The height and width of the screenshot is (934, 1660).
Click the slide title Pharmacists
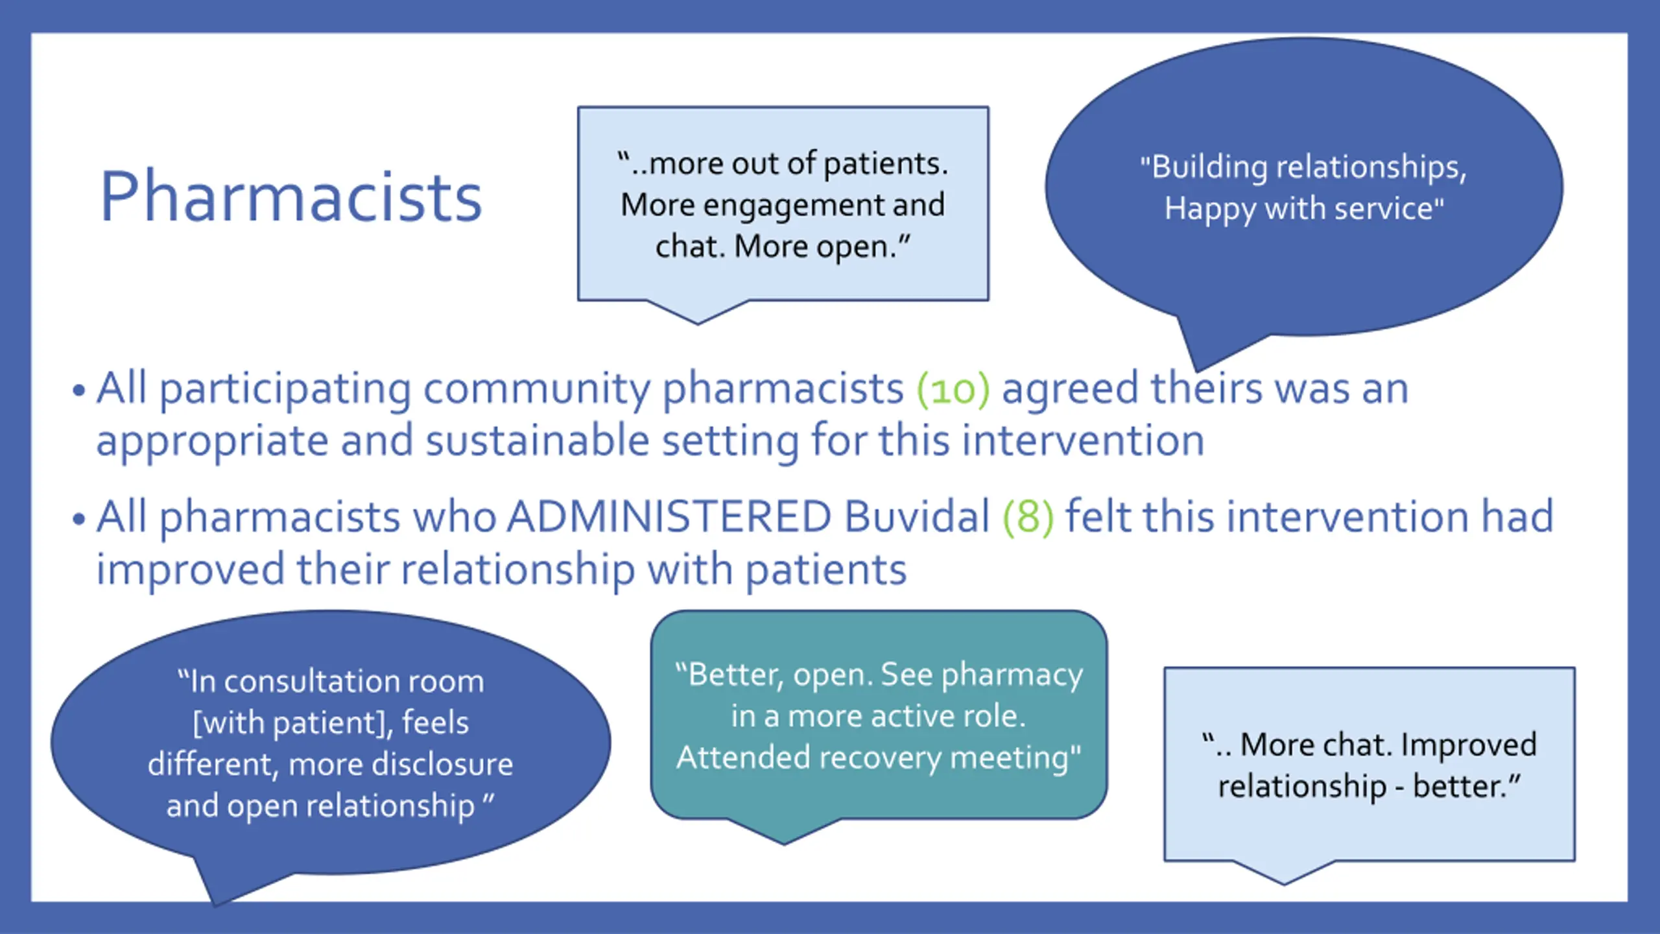pyautogui.click(x=290, y=197)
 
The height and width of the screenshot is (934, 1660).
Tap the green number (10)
pyautogui.click(x=953, y=389)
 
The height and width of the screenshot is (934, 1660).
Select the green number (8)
pyautogui.click(x=1028, y=518)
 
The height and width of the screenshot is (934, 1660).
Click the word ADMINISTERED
pyautogui.click(x=669, y=518)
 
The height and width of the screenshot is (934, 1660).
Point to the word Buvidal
pyautogui.click(x=917, y=518)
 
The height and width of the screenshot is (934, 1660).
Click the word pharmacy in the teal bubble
pyautogui.click(x=1012, y=675)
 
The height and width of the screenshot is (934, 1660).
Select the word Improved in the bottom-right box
pyautogui.click(x=1468, y=745)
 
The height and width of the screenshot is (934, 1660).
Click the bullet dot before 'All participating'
pyautogui.click(x=79, y=391)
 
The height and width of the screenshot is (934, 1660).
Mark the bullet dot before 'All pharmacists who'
pyautogui.click(x=79, y=520)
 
